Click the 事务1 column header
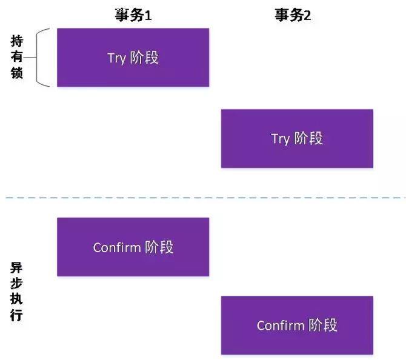tap(133, 15)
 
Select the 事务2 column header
tap(293, 15)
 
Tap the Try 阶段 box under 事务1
tap(133, 58)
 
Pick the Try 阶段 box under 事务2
tap(297, 138)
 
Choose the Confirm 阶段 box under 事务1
tap(133, 247)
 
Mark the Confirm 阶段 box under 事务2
tap(297, 325)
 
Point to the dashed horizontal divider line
tap(203, 198)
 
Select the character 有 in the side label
tap(17, 58)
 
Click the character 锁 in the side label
tap(17, 74)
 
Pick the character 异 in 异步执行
tap(17, 267)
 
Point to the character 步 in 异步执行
tap(17, 284)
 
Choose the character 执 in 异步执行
tap(17, 300)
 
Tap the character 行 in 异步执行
tap(17, 316)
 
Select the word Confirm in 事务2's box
tap(279, 325)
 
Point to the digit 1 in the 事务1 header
tap(147, 16)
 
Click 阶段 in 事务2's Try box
tap(308, 138)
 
